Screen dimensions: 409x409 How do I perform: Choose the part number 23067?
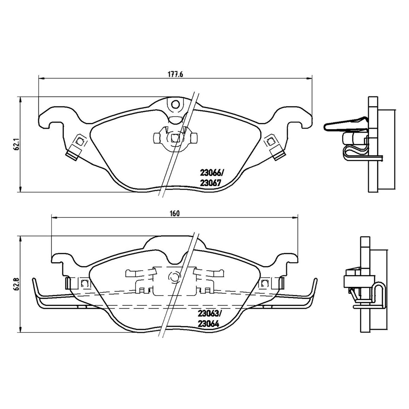point(209,183)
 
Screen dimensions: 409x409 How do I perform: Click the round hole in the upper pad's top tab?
point(175,104)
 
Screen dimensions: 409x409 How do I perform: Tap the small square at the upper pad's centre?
point(175,138)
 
